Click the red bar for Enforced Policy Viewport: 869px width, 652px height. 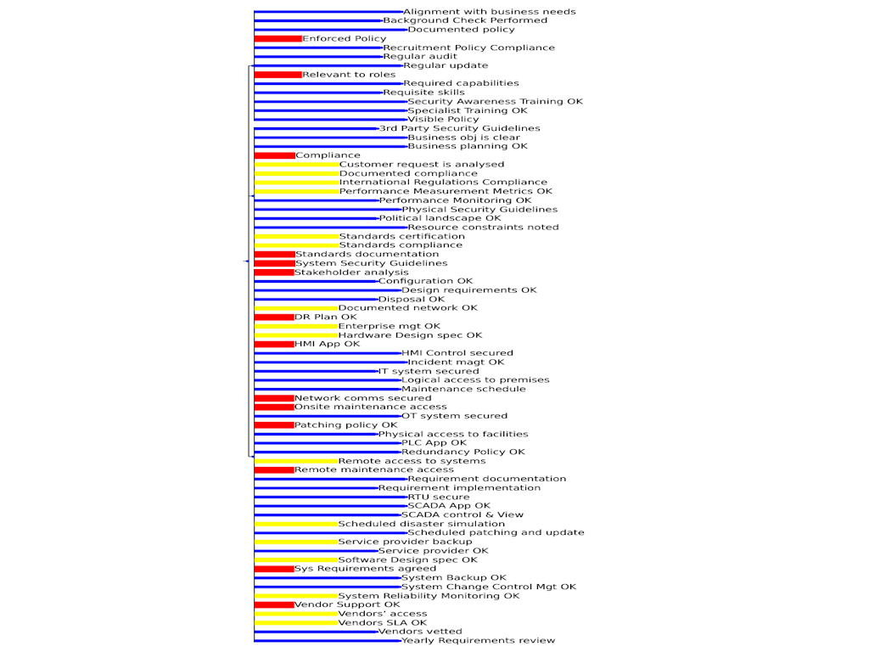tap(278, 38)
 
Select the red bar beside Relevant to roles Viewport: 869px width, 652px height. tap(278, 75)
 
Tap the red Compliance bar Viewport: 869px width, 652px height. tap(274, 155)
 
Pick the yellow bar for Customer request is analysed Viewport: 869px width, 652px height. tap(296, 165)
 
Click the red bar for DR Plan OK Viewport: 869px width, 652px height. tap(273, 318)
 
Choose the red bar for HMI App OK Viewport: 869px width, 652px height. tap(273, 344)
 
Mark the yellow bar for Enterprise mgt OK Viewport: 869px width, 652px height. tap(295, 326)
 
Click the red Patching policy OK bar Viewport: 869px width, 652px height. tap(273, 425)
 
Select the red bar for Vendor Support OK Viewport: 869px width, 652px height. tap(273, 604)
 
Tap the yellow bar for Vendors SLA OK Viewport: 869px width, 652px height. tap(295, 623)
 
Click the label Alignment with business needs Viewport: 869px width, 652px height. tap(490, 12)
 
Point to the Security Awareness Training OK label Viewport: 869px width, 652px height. tap(496, 102)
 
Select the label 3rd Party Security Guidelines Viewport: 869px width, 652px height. tap(459, 129)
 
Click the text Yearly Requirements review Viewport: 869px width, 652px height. tap(479, 641)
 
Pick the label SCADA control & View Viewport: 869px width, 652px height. tap(463, 514)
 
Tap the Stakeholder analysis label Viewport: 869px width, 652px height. tap(351, 273)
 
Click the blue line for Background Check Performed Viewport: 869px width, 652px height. tap(318, 20)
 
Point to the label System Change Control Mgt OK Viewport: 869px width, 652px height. tap(489, 587)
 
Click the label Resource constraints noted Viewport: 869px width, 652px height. tap(484, 228)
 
